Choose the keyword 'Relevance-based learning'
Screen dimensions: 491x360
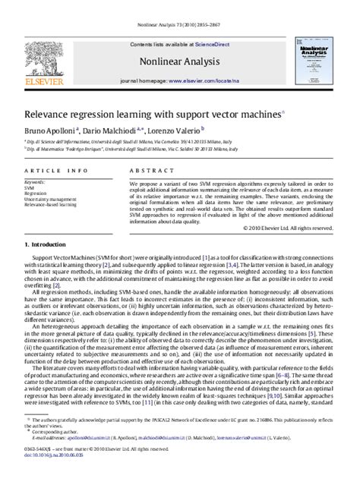[52, 204]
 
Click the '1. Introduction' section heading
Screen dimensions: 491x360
[47, 244]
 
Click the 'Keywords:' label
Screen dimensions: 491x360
[35, 182]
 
